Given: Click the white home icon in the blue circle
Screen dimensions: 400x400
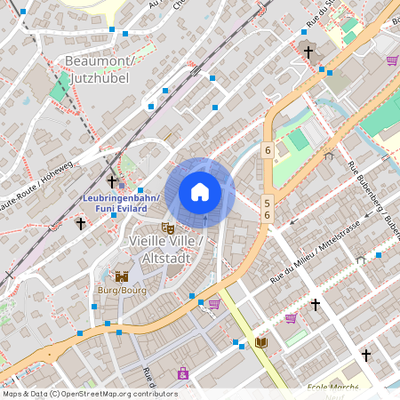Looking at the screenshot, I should (x=200, y=192).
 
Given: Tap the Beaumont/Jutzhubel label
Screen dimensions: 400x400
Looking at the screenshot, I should (x=99, y=69).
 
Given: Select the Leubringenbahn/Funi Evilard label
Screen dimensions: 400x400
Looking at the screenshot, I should (x=121, y=203).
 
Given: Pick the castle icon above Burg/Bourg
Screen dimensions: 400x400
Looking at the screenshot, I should (x=122, y=276).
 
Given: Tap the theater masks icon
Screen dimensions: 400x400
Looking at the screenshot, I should (x=167, y=228).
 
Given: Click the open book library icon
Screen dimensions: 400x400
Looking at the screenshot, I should (x=261, y=342).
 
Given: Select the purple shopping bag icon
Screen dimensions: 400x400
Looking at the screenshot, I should (x=182, y=373).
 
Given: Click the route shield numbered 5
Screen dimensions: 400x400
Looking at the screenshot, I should (x=266, y=203).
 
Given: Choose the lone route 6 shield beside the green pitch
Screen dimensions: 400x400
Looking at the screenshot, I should (x=267, y=150).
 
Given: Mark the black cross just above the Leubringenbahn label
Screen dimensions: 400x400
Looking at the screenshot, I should (x=111, y=181).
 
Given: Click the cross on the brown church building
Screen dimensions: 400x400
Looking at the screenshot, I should (x=308, y=52).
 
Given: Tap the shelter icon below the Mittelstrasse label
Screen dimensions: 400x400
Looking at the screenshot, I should (x=360, y=260).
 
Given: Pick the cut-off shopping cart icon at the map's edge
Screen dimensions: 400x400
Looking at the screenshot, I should (x=392, y=60).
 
